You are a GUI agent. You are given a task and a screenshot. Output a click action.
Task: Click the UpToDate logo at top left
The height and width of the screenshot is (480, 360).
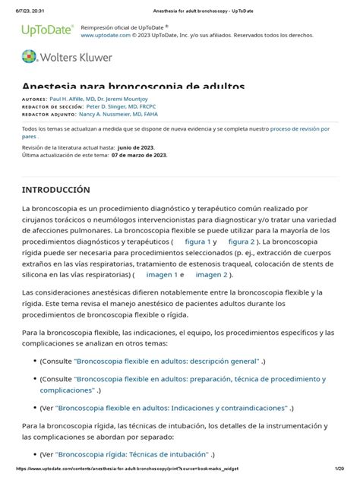pos(47,30)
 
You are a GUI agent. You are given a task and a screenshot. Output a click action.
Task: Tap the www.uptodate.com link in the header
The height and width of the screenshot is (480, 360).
pos(106,35)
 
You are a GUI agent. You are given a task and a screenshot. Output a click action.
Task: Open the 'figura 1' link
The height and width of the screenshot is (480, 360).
pos(198,242)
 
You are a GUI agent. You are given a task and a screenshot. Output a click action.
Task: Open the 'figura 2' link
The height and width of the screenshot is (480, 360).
pos(242,242)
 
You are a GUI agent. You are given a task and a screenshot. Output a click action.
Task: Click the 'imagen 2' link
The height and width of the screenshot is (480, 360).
pos(212,274)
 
